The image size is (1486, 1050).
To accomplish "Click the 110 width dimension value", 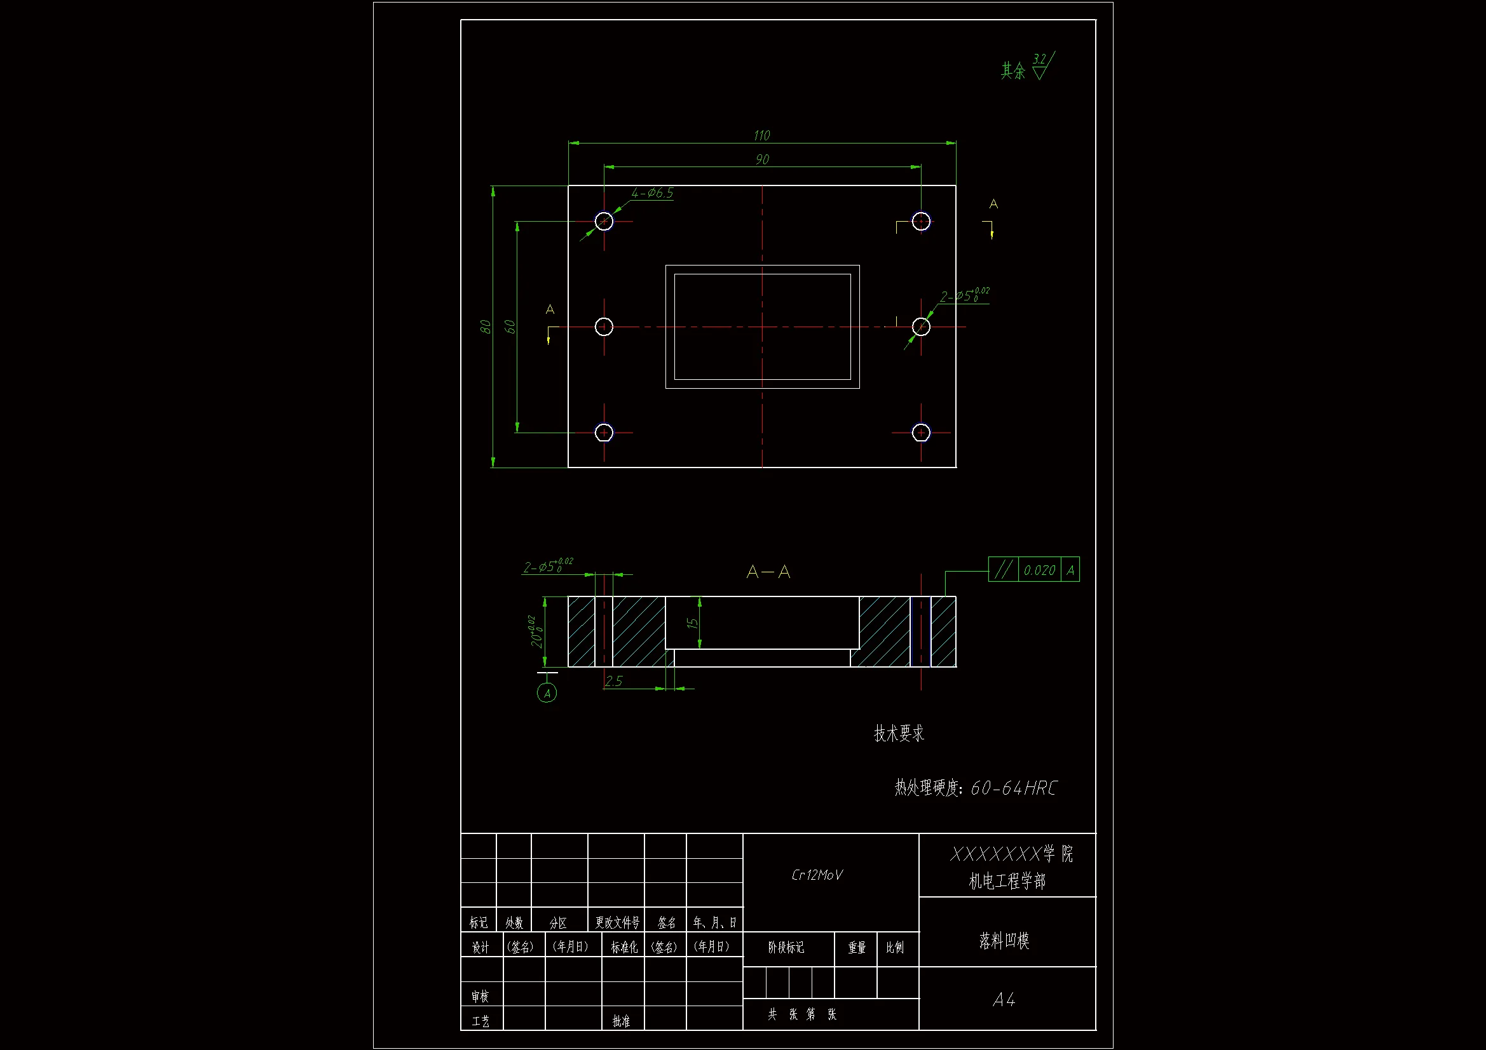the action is tap(762, 135).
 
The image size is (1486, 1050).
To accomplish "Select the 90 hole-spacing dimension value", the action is tap(763, 159).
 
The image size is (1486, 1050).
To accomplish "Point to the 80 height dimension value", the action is tap(486, 326).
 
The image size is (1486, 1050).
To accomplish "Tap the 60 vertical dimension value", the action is tap(510, 326).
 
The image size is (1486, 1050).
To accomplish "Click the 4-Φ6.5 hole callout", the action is tap(652, 193).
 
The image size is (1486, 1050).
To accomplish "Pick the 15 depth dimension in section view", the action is tap(692, 623).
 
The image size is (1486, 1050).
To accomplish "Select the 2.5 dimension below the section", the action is tap(613, 680).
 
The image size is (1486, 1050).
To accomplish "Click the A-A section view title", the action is tap(768, 572).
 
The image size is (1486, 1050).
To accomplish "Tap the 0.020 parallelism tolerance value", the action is tap(1039, 570).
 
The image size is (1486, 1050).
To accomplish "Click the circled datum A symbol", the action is tap(547, 693).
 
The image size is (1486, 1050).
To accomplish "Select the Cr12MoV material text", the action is tap(817, 875).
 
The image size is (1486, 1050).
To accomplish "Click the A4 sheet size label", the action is tap(1004, 1000).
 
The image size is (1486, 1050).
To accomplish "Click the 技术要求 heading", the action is tap(899, 733).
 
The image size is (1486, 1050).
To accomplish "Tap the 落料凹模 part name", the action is tap(1004, 941).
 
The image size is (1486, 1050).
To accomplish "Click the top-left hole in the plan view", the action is tap(604, 221).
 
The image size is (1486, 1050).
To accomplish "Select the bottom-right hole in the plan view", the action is tap(921, 432).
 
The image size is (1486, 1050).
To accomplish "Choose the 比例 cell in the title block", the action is tap(895, 948).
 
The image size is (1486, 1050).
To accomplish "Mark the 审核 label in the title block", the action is tap(481, 996).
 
